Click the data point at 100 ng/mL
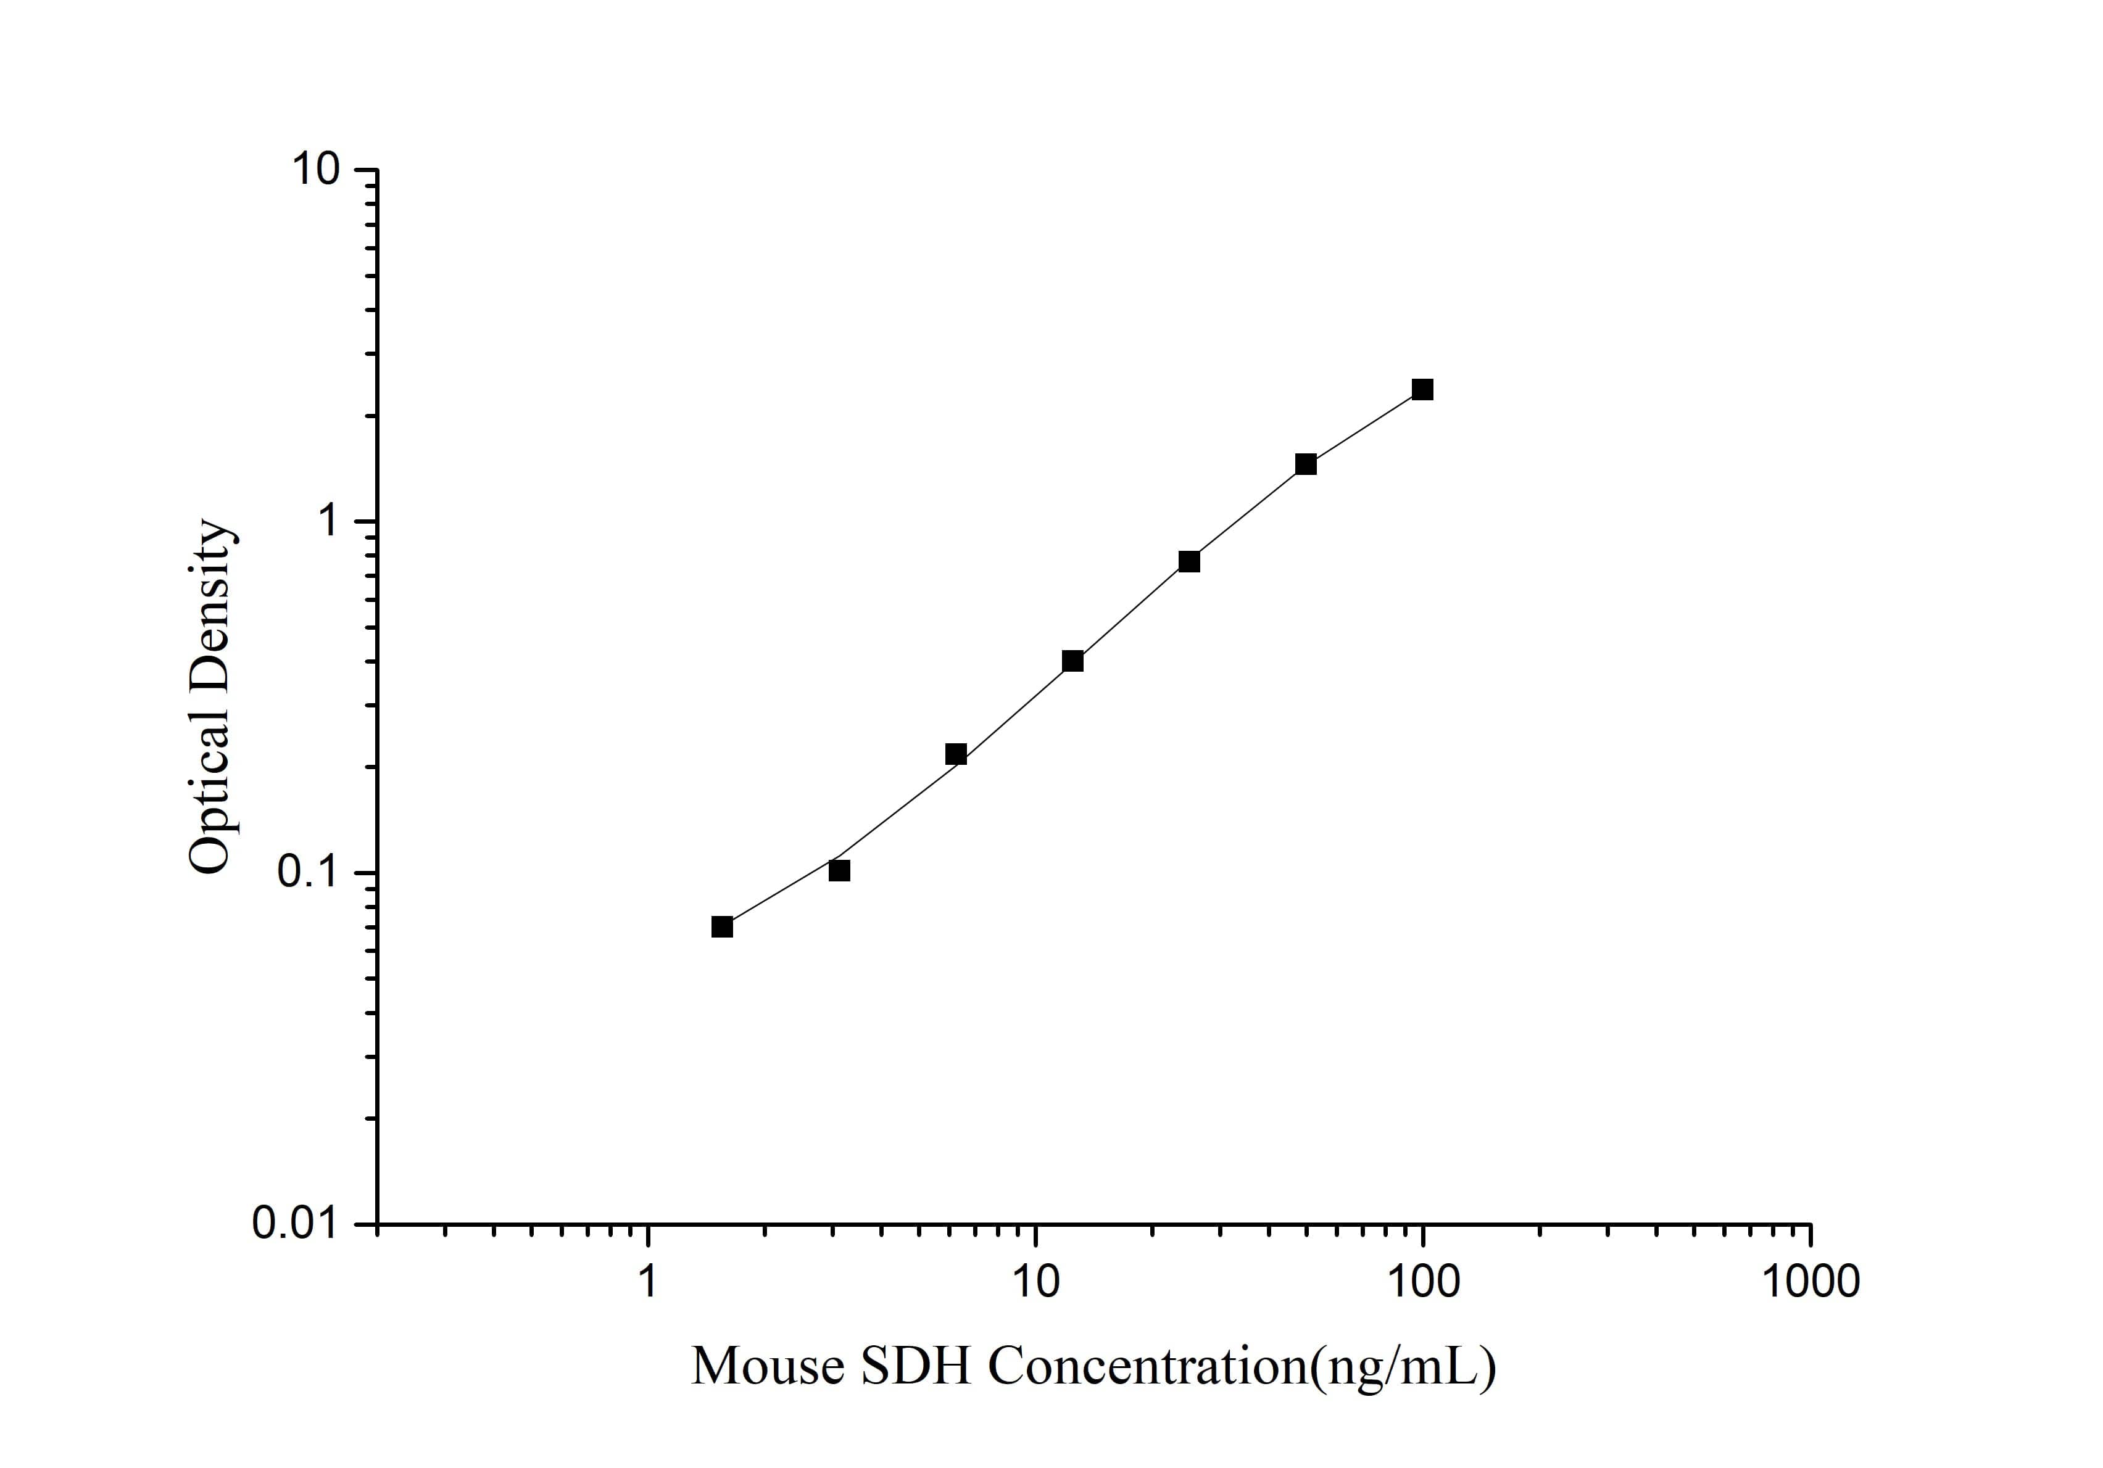(x=1422, y=390)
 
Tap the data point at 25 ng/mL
(x=1189, y=561)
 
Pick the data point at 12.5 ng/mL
(x=1072, y=661)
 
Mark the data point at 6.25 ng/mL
(x=955, y=754)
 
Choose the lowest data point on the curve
(x=722, y=927)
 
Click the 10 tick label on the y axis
(x=316, y=170)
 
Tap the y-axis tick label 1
(x=328, y=522)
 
